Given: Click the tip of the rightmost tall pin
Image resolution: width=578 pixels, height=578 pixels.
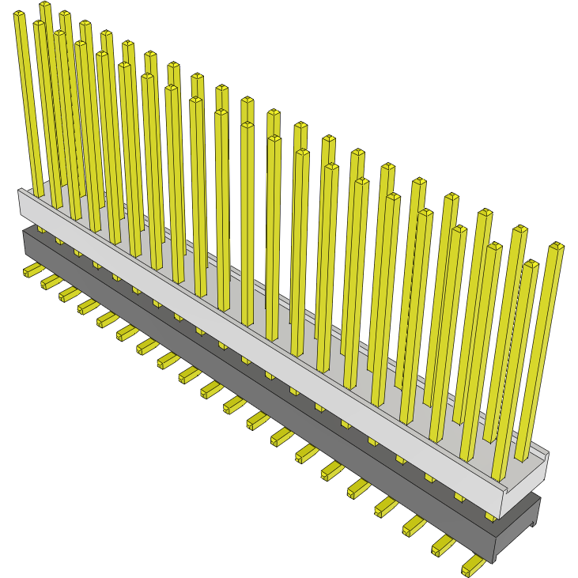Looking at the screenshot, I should pyautogui.click(x=556, y=247).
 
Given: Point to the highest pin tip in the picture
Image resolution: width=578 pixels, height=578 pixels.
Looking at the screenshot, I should pyautogui.click(x=45, y=6).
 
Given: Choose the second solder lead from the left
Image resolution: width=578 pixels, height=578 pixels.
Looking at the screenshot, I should pyautogui.click(x=51, y=282).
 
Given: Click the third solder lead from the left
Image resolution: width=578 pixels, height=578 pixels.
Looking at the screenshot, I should pyautogui.click(x=69, y=294).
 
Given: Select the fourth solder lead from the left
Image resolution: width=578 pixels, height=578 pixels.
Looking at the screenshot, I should pyautogui.click(x=88, y=306).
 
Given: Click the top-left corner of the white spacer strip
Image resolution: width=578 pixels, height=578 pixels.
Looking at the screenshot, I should pyautogui.click(x=20, y=191).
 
